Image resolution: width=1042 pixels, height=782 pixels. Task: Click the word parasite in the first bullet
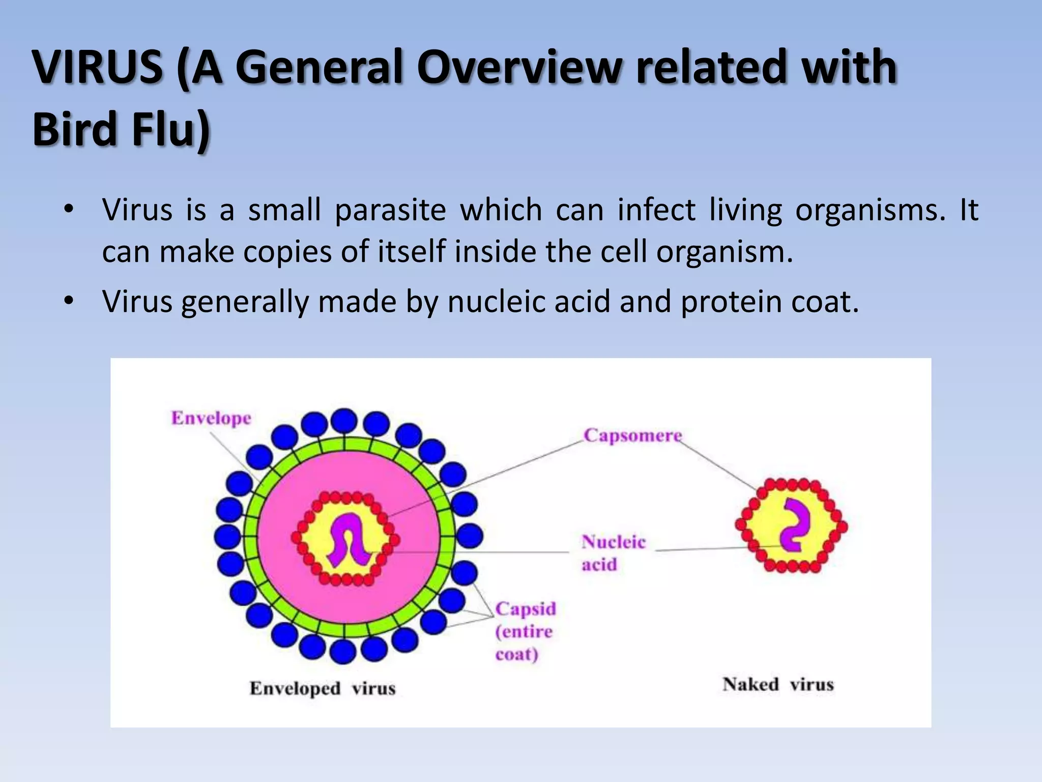click(390, 210)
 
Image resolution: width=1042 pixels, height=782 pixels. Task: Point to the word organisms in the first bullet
click(870, 210)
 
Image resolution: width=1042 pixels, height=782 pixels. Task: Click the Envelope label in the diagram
click(211, 418)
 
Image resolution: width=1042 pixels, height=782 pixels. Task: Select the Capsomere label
click(632, 436)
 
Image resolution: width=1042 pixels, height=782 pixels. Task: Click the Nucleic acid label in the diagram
click(613, 553)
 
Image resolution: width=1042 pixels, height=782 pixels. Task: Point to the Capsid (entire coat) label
click(525, 631)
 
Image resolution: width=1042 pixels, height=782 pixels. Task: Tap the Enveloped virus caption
click(322, 688)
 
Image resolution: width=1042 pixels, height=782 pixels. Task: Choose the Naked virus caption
click(778, 684)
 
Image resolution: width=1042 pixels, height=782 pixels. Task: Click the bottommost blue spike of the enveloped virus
click(342, 651)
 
